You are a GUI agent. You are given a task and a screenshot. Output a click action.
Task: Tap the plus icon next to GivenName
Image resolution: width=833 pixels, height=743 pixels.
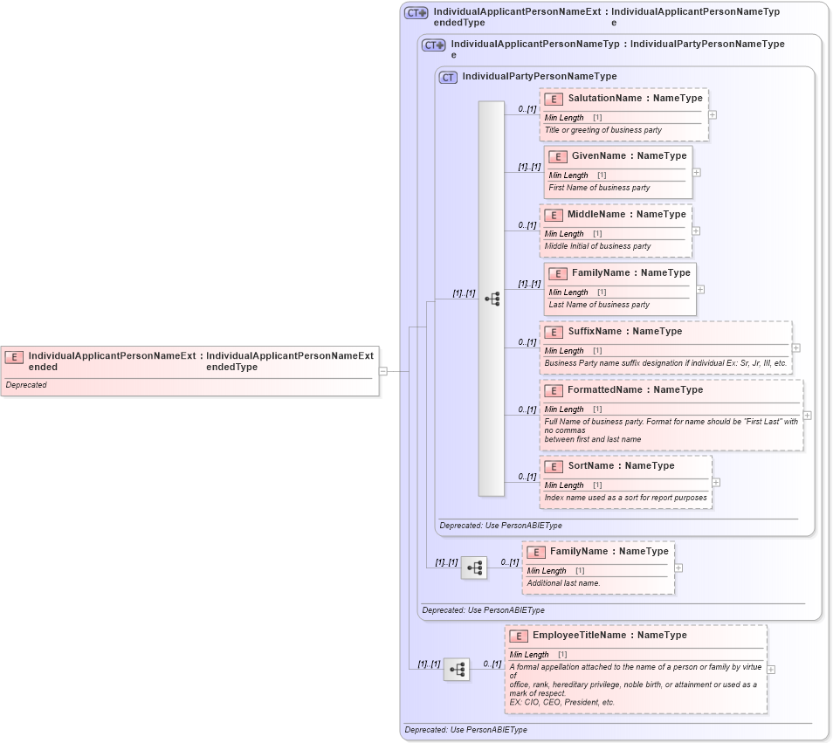pyautogui.click(x=696, y=172)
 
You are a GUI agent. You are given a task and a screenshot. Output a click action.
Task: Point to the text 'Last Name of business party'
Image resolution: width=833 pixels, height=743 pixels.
pyautogui.click(x=599, y=305)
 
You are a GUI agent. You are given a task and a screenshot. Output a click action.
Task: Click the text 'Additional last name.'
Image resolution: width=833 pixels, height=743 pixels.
pyautogui.click(x=563, y=582)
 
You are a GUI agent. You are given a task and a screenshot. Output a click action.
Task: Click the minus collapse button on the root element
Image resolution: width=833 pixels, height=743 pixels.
pyautogui.click(x=382, y=371)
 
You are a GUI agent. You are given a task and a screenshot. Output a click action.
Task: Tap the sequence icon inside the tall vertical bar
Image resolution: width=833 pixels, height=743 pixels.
pyautogui.click(x=492, y=299)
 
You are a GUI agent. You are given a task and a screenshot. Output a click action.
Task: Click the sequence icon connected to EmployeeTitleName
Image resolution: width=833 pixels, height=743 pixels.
pyautogui.click(x=456, y=670)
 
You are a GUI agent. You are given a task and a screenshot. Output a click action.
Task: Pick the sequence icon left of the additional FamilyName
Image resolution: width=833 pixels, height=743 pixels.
pyautogui.click(x=473, y=568)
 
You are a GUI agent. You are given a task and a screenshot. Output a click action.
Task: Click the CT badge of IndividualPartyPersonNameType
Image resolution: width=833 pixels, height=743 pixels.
pyautogui.click(x=448, y=77)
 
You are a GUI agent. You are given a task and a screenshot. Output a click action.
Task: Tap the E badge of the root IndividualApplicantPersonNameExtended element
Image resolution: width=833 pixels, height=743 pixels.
pyautogui.click(x=14, y=356)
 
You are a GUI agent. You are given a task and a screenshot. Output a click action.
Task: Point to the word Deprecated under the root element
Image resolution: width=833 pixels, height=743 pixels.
pyautogui.click(x=26, y=385)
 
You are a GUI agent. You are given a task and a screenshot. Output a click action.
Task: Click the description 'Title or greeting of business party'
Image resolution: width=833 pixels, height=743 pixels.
pyautogui.click(x=602, y=130)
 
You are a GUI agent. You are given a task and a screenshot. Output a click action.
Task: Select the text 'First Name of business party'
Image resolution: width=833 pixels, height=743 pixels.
pyautogui.click(x=599, y=188)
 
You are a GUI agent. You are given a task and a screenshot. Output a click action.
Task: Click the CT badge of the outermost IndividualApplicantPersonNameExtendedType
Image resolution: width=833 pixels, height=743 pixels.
pyautogui.click(x=416, y=13)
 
